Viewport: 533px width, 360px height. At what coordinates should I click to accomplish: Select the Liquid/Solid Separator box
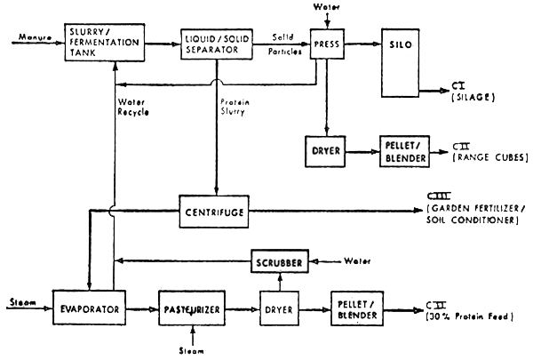point(212,44)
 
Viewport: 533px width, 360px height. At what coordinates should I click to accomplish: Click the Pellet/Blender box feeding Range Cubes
point(404,151)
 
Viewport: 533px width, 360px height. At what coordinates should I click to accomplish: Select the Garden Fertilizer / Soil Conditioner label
point(473,215)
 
